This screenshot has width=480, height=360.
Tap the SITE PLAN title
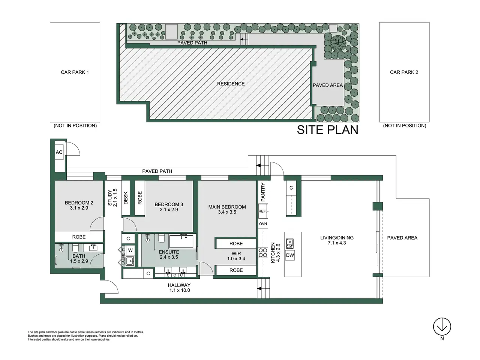pyautogui.click(x=327, y=130)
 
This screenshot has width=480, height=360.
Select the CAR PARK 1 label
pyautogui.click(x=75, y=72)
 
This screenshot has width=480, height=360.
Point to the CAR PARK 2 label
pyautogui.click(x=404, y=72)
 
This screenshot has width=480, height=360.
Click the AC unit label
pyautogui.click(x=59, y=152)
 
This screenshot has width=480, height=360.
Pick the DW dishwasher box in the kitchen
pyautogui.click(x=290, y=255)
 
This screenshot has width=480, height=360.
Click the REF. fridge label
pyautogui.click(x=262, y=211)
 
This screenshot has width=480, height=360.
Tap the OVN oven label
pyautogui.click(x=263, y=224)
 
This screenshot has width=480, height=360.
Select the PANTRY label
pyautogui.click(x=263, y=192)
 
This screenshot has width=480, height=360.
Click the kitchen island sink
pyautogui.click(x=290, y=243)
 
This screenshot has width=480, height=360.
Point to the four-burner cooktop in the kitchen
pyautogui.click(x=263, y=252)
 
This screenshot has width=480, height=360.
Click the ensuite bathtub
pyautogui.click(x=181, y=241)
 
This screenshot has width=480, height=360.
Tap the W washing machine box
pyautogui.click(x=130, y=250)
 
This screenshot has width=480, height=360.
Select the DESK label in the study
pyautogui.click(x=126, y=198)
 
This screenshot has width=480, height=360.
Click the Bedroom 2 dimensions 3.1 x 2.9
pyautogui.click(x=79, y=208)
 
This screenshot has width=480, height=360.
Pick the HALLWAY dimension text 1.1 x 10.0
pyautogui.click(x=180, y=290)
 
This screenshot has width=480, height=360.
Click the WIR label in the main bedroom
pyautogui.click(x=236, y=253)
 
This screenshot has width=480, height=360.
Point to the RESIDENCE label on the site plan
pyautogui.click(x=231, y=84)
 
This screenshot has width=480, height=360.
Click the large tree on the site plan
pyautogui.click(x=338, y=43)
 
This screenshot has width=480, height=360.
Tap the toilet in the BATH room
pyautogui.click(x=75, y=248)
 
